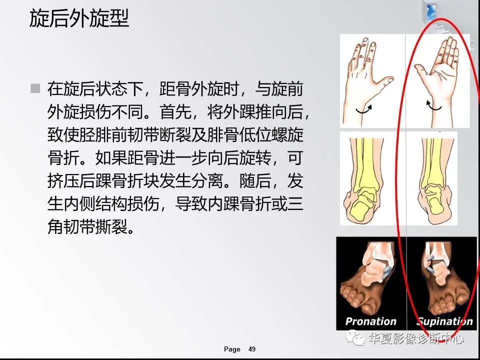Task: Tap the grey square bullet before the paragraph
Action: coord(35,89)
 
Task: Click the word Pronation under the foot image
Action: coord(371,321)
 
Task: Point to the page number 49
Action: coord(252,349)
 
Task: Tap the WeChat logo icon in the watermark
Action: coord(358,339)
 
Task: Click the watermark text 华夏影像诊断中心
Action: coord(416,339)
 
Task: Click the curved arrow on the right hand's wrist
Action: coord(433,104)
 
